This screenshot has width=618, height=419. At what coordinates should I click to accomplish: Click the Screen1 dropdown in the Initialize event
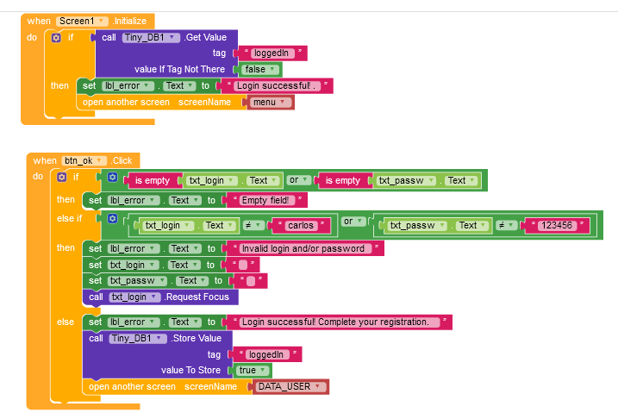pyautogui.click(x=83, y=20)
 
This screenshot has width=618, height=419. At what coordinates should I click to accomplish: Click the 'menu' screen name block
pyautogui.click(x=271, y=102)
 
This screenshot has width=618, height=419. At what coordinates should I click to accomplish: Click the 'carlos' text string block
pyautogui.click(x=303, y=225)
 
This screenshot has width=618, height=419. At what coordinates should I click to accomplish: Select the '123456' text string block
pyautogui.click(x=560, y=225)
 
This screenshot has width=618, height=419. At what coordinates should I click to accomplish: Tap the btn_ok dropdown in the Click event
pyautogui.click(x=84, y=160)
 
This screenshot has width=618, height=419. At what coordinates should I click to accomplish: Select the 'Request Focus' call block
pyautogui.click(x=193, y=297)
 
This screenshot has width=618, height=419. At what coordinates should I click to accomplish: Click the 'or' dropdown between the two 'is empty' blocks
pyautogui.click(x=298, y=180)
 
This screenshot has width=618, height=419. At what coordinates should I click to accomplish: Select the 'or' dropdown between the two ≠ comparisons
pyautogui.click(x=353, y=222)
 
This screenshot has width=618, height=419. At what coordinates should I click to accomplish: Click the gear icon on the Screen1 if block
pyautogui.click(x=58, y=37)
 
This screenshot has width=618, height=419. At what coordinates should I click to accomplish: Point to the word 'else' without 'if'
pyautogui.click(x=66, y=322)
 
